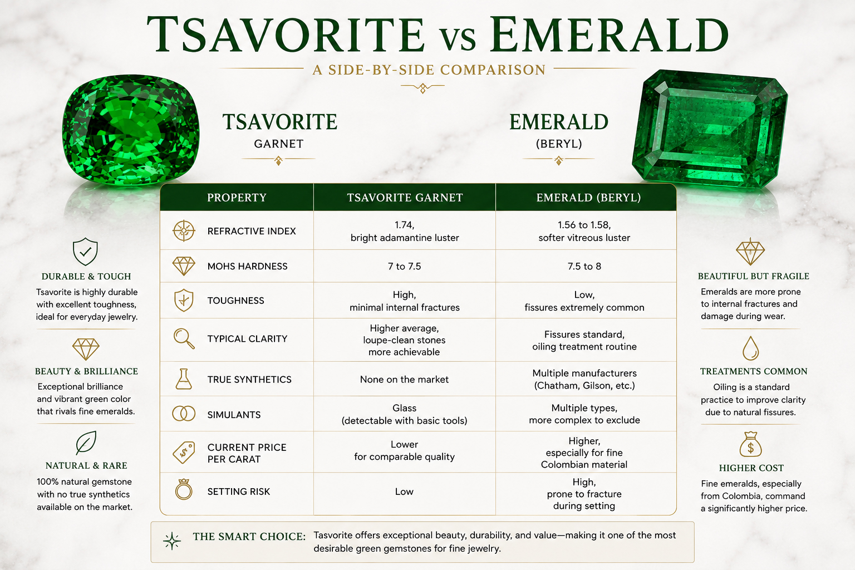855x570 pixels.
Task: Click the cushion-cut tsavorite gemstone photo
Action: tap(131, 130)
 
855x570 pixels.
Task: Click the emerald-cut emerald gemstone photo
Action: tap(710, 129)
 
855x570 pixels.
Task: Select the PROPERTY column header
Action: tap(237, 198)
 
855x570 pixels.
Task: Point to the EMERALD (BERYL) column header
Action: tap(588, 198)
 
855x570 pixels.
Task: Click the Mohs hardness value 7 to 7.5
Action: tap(404, 266)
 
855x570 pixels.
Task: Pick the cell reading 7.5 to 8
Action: tap(584, 266)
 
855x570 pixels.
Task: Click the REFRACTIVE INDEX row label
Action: tap(252, 231)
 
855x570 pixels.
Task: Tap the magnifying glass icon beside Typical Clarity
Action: tap(184, 338)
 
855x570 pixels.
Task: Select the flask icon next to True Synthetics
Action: tap(184, 379)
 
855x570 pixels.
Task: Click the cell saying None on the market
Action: tap(404, 379)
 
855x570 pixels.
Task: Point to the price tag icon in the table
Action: tap(184, 453)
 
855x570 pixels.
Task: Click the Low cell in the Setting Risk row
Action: tap(404, 492)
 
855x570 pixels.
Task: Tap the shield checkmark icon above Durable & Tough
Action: tap(85, 252)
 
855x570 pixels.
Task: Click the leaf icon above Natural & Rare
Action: tap(86, 443)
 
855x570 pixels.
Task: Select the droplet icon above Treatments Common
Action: tap(750, 348)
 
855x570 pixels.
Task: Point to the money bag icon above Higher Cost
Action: tap(750, 444)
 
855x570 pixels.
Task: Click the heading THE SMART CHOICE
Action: tap(249, 537)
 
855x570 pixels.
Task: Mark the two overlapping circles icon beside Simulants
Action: tap(184, 414)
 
